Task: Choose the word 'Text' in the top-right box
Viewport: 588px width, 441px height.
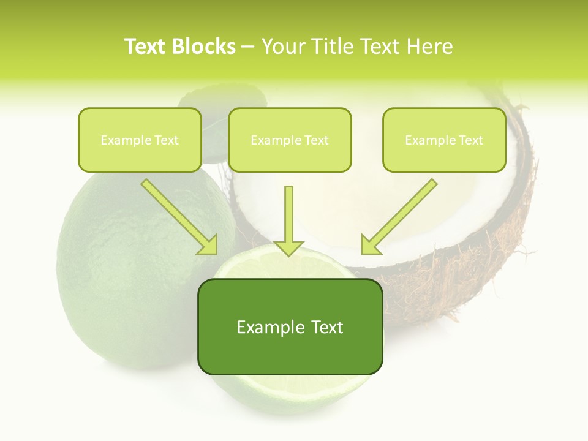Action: pyautogui.click(x=471, y=140)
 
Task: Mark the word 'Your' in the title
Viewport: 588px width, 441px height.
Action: pyautogui.click(x=283, y=47)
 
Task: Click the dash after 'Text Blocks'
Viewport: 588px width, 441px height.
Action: pyautogui.click(x=248, y=47)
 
